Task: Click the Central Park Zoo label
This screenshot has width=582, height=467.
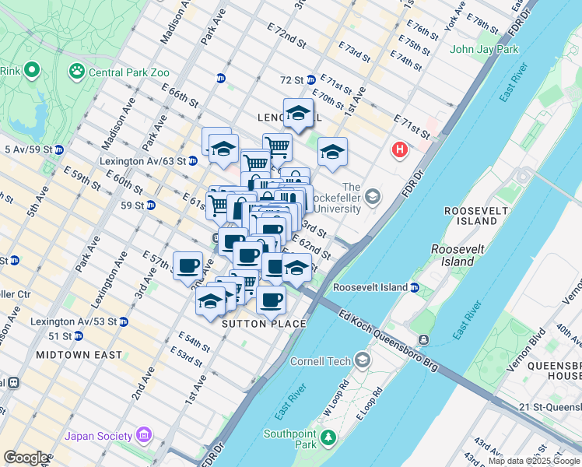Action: pyautogui.click(x=128, y=73)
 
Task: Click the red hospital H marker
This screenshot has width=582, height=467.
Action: pyautogui.click(x=400, y=149)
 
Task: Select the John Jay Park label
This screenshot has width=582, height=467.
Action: pyautogui.click(x=483, y=50)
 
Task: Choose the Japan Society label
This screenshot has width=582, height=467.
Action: pyautogui.click(x=99, y=435)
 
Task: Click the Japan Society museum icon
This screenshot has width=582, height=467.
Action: pyautogui.click(x=143, y=434)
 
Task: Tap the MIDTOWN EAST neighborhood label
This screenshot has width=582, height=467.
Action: pyautogui.click(x=78, y=355)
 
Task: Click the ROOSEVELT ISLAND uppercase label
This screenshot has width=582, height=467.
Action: pyautogui.click(x=470, y=216)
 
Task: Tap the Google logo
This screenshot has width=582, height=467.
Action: pyautogui.click(x=26, y=458)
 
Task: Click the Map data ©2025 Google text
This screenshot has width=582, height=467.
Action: pyautogui.click(x=534, y=461)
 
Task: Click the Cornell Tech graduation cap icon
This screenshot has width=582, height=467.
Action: pyautogui.click(x=363, y=360)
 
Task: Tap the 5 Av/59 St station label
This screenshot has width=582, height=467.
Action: pyautogui.click(x=27, y=149)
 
